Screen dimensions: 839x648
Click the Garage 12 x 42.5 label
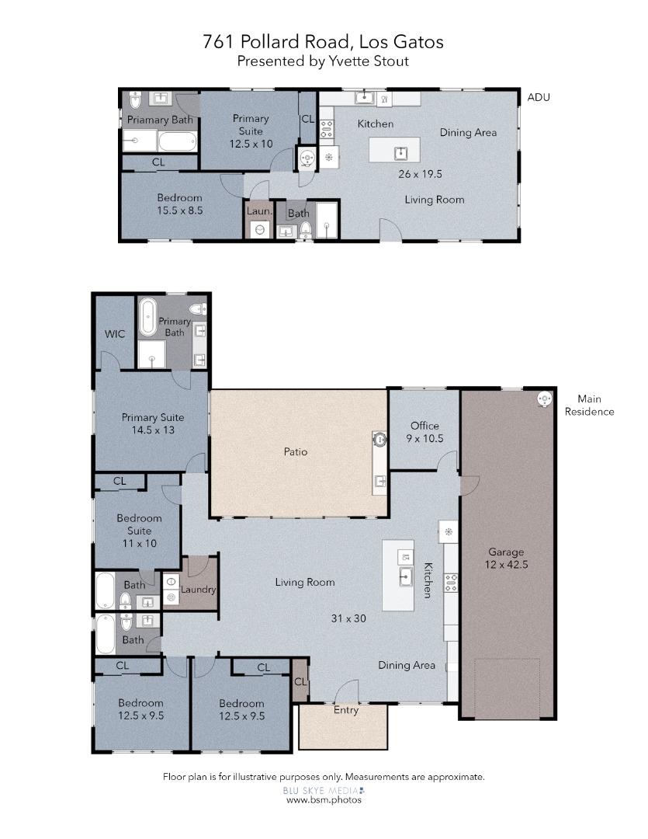(506, 559)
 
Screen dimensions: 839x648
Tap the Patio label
(294, 451)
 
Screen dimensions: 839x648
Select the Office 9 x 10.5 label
(424, 432)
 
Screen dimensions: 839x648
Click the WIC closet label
(115, 334)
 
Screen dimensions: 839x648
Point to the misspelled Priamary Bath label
(160, 120)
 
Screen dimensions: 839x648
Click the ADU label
(538, 97)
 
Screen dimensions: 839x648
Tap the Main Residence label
(589, 406)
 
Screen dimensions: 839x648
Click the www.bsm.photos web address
(324, 800)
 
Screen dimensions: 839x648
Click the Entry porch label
(346, 710)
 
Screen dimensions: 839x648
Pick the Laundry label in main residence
(198, 590)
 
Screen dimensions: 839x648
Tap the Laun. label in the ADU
(258, 211)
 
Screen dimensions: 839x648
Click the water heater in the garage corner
(545, 398)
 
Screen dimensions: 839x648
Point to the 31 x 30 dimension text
(348, 618)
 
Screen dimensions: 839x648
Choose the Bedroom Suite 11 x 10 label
(139, 531)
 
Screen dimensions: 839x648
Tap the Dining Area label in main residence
(407, 665)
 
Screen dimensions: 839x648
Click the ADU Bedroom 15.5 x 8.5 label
(179, 204)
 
